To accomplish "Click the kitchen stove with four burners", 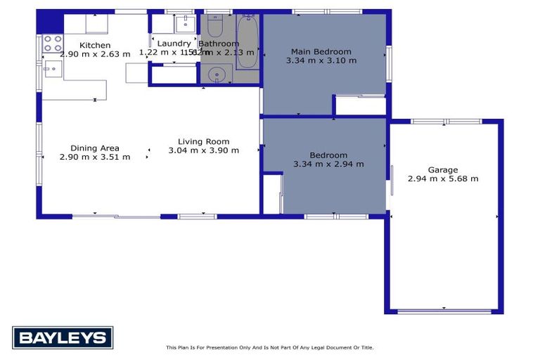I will (53, 44).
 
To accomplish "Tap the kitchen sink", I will (52, 68).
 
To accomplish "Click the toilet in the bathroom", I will (215, 26).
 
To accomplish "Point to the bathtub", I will (247, 41).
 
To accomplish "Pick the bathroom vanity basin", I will (219, 72).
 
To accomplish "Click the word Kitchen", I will (95, 45).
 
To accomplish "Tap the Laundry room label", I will (174, 44).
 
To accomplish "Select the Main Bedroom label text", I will (321, 51).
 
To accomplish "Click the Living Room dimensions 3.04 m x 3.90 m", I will (204, 150).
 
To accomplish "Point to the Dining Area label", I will (94, 148).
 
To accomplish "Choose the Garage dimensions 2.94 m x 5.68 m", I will (443, 179).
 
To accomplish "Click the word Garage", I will (443, 169).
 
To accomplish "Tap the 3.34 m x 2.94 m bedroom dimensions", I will (328, 164).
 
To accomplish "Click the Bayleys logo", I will (63, 337).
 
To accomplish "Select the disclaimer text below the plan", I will (269, 347).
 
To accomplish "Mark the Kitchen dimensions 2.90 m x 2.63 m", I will (95, 53).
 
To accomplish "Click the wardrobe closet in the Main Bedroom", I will (360, 105).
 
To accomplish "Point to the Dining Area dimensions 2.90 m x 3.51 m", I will (95, 157).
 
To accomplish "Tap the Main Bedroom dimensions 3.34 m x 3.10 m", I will (321, 60).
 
